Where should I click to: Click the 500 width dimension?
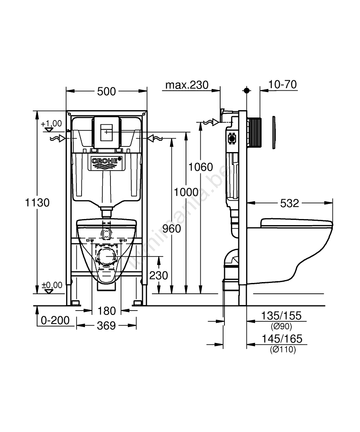point(106,92)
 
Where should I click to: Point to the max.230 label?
point(187,85)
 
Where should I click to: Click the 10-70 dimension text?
point(282,85)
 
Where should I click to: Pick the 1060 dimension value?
point(202,167)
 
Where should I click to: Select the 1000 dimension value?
point(186,192)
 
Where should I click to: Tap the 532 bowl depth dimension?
point(289,203)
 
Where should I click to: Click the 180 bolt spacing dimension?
point(107,311)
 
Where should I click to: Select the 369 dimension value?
point(106,325)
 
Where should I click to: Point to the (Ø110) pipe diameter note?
point(283,350)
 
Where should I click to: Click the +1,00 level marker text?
point(51,124)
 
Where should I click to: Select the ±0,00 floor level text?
point(52,285)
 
